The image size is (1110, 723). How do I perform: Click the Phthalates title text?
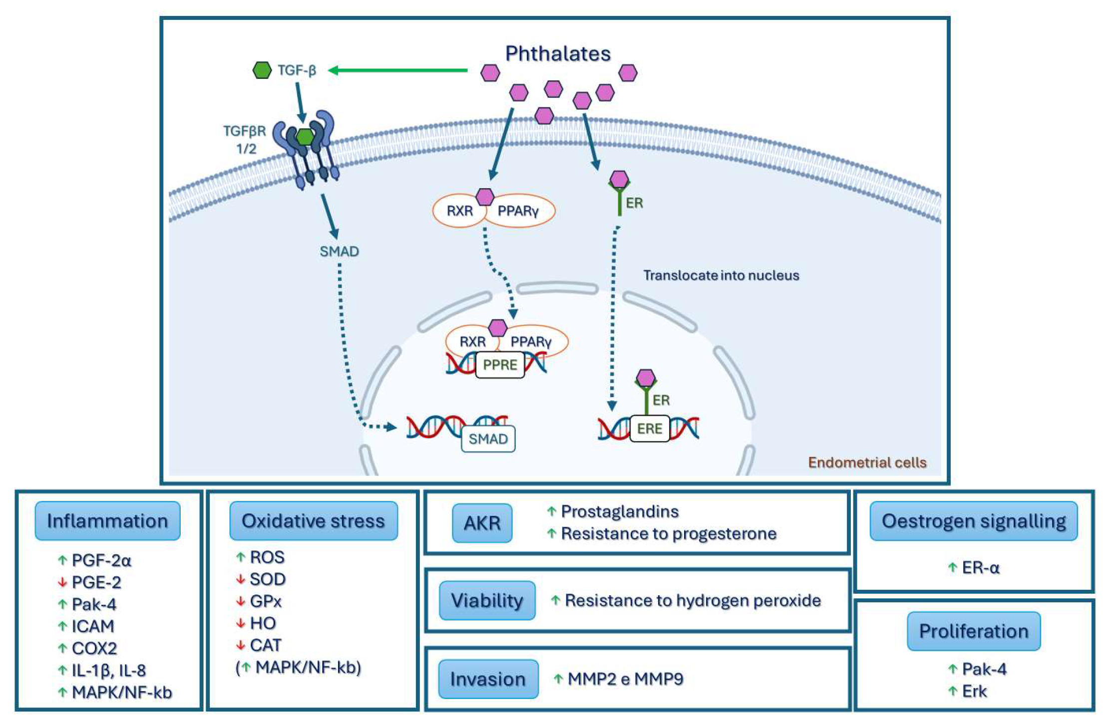(x=557, y=53)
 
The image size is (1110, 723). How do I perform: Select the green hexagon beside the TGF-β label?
(x=262, y=70)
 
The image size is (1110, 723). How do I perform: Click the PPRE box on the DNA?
(x=500, y=365)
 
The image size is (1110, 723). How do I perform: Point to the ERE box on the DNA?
(x=649, y=429)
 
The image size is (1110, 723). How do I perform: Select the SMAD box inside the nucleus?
(x=488, y=439)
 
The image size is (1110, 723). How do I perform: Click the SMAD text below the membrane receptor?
(x=339, y=251)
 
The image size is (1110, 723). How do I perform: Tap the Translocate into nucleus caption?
(x=721, y=275)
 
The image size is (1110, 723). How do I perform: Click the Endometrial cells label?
(x=867, y=463)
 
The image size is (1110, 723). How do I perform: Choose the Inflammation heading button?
(x=107, y=521)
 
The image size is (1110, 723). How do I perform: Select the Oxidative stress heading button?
(x=313, y=521)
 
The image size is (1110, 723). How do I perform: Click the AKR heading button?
(x=482, y=523)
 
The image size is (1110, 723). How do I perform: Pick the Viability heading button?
(x=487, y=600)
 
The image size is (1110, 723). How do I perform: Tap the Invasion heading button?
(x=488, y=679)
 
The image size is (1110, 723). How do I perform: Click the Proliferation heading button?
(x=973, y=631)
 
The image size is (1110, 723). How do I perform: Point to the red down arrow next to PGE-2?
(x=62, y=582)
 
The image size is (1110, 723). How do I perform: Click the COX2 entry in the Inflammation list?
(x=94, y=648)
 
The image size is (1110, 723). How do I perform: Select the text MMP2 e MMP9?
(x=625, y=679)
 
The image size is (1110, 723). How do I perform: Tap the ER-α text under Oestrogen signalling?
(x=980, y=568)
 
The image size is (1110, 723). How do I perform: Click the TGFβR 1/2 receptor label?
(x=245, y=140)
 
